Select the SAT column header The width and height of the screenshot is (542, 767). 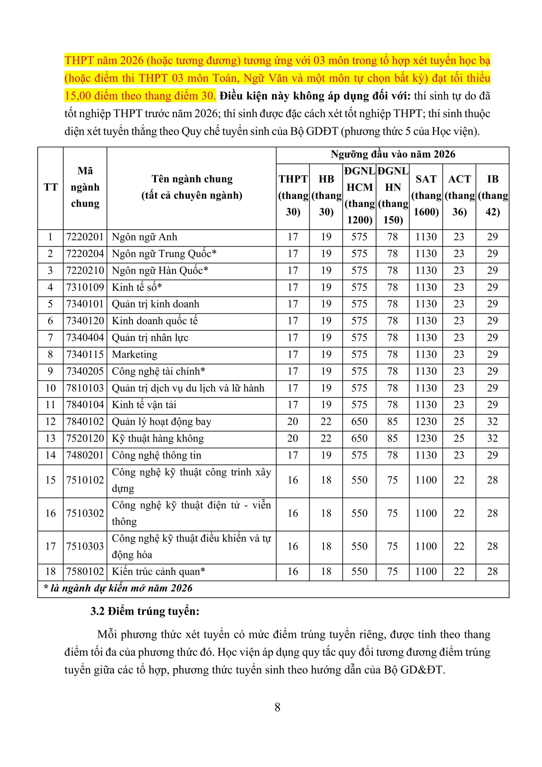tap(426, 195)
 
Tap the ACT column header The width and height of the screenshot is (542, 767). tap(459, 195)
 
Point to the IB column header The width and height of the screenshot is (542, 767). tap(493, 195)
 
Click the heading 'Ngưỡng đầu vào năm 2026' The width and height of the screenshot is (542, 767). tap(393, 154)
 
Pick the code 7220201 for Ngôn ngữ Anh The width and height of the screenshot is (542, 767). tap(85, 237)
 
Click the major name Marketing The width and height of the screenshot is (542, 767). tap(134, 354)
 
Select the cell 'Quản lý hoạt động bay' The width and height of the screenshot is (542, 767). tap(162, 422)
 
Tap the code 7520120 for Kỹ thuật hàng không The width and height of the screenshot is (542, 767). tap(85, 438)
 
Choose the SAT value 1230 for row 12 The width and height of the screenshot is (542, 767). tap(426, 422)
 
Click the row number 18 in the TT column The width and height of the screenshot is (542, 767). tap(50, 571)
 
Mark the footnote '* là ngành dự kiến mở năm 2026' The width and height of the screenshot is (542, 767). tap(118, 588)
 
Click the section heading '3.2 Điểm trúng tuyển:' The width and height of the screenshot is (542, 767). tap(145, 611)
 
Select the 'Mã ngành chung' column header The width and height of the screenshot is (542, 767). tap(85, 187)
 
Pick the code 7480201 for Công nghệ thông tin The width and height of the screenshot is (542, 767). tap(85, 455)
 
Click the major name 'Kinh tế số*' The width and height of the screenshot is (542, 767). tap(137, 287)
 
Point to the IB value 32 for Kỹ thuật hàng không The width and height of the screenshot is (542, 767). tap(493, 438)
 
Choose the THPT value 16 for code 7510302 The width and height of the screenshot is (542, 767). tap(293, 513)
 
